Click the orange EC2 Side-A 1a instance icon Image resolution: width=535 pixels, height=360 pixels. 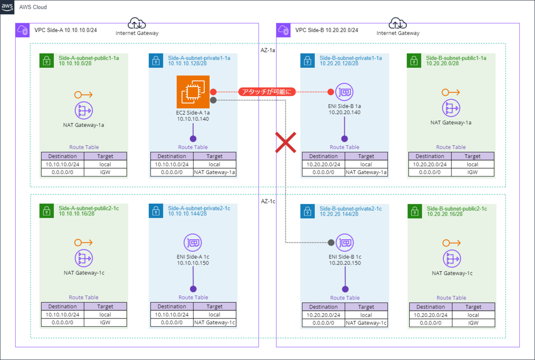(x=193, y=92)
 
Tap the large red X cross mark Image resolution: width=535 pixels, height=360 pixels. (x=285, y=143)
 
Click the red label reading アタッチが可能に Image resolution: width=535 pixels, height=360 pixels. (x=267, y=92)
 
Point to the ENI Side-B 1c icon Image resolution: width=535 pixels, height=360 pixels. (x=344, y=243)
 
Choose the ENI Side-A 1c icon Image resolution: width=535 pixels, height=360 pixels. (x=193, y=243)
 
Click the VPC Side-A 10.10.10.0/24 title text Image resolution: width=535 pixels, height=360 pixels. (x=65, y=31)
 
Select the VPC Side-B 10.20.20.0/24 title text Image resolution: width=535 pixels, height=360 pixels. (x=326, y=31)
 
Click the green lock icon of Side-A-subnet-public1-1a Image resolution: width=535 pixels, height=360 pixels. (x=46, y=61)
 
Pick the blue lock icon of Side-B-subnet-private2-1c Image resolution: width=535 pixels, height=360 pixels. (x=307, y=211)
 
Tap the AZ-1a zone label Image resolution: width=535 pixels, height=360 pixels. (x=267, y=50)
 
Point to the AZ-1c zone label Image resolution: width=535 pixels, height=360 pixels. (x=267, y=201)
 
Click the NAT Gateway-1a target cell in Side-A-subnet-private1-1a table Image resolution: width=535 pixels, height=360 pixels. (x=214, y=172)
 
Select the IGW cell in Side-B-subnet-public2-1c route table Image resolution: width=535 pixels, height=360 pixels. (x=473, y=323)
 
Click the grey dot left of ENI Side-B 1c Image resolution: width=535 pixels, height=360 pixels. (x=331, y=243)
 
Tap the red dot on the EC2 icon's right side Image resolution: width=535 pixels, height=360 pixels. (x=213, y=92)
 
